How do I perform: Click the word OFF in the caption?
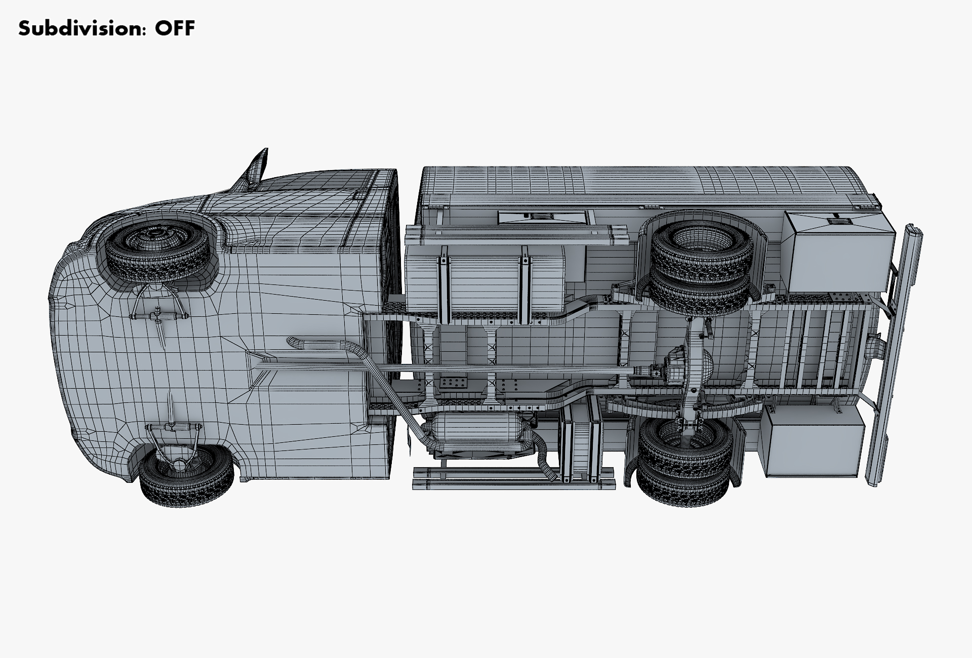(x=175, y=28)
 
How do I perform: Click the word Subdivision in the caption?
(x=79, y=28)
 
